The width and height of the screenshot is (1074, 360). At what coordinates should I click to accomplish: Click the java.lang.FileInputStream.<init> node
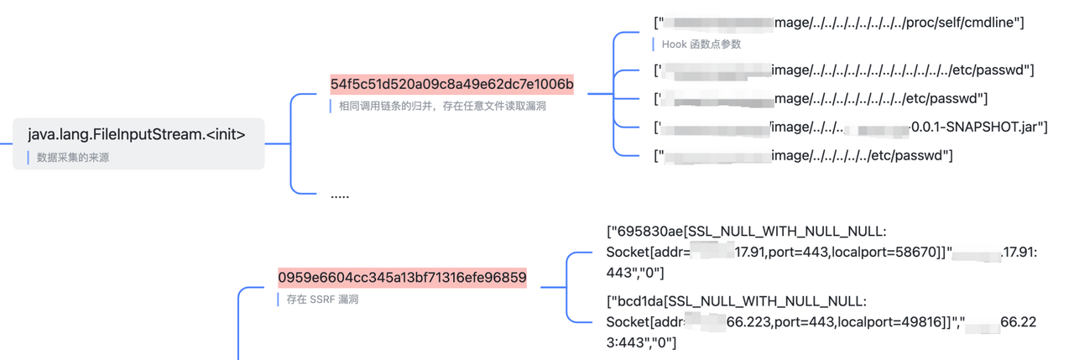click(137, 134)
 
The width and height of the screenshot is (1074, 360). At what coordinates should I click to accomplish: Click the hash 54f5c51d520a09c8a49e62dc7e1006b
click(451, 84)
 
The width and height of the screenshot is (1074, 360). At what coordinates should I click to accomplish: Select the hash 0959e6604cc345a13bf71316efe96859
click(402, 278)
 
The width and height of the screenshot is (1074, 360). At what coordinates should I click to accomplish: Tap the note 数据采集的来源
click(73, 157)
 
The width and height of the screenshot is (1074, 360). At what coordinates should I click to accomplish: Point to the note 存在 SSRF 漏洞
click(322, 299)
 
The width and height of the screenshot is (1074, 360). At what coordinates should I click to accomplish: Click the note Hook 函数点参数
click(701, 44)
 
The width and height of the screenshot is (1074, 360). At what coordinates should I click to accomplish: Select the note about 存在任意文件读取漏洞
click(442, 106)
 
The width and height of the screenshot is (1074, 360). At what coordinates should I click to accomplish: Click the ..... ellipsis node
click(340, 195)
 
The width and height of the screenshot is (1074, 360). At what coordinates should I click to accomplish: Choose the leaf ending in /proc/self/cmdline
click(839, 23)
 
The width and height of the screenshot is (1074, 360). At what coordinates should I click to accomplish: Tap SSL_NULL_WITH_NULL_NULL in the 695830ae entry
click(781, 231)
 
